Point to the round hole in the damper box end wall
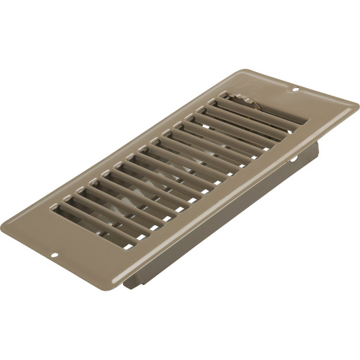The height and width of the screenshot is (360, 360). pyautogui.click(x=293, y=159)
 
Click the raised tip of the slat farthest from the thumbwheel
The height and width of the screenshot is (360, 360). pyautogui.click(x=55, y=207)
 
